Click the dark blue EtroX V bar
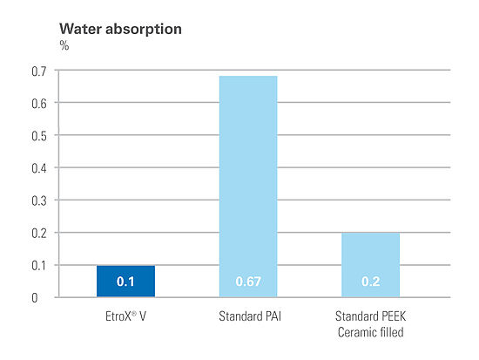(126, 281)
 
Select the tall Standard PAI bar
(248, 187)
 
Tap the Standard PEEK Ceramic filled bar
(370, 265)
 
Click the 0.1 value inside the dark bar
(125, 282)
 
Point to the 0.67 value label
(248, 282)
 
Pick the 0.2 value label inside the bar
(370, 282)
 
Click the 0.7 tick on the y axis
(39, 71)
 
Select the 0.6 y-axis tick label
(39, 104)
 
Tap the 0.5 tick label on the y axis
(39, 136)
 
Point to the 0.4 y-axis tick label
(39, 168)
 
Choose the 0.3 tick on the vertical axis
(39, 201)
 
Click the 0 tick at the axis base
(35, 298)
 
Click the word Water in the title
(81, 29)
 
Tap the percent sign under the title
(64, 46)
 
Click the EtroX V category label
(125, 316)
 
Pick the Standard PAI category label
(250, 316)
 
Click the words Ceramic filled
(370, 332)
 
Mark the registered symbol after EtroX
(133, 314)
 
